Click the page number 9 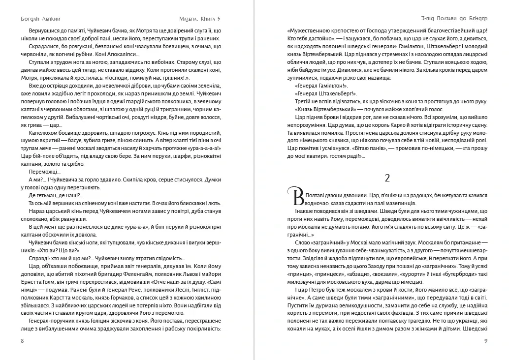coord(485,341)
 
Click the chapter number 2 coord(386,177)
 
